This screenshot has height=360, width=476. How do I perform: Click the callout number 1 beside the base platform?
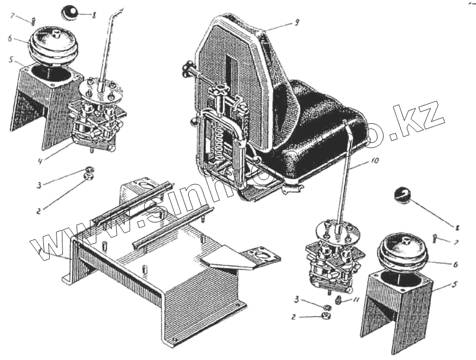click(40, 249)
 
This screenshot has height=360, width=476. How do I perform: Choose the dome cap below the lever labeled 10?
click(404, 253)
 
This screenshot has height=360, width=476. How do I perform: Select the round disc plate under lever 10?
click(334, 229)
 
